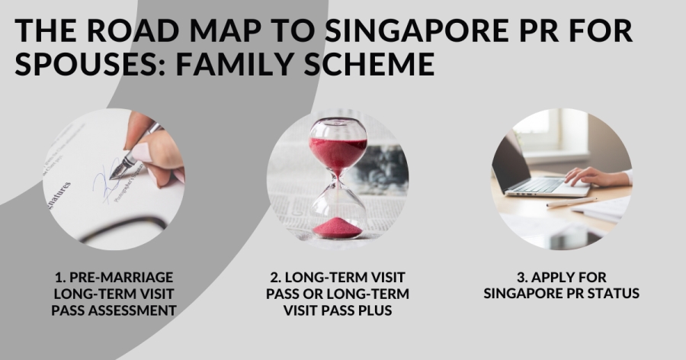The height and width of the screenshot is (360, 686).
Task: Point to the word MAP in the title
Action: (x=226, y=31)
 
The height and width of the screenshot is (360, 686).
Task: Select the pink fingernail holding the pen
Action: (x=141, y=152)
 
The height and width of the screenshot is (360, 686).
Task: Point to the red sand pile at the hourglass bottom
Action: (x=338, y=228)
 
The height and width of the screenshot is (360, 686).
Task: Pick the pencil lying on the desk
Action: (x=572, y=202)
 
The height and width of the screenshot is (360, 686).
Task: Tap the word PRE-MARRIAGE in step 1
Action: (x=121, y=277)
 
